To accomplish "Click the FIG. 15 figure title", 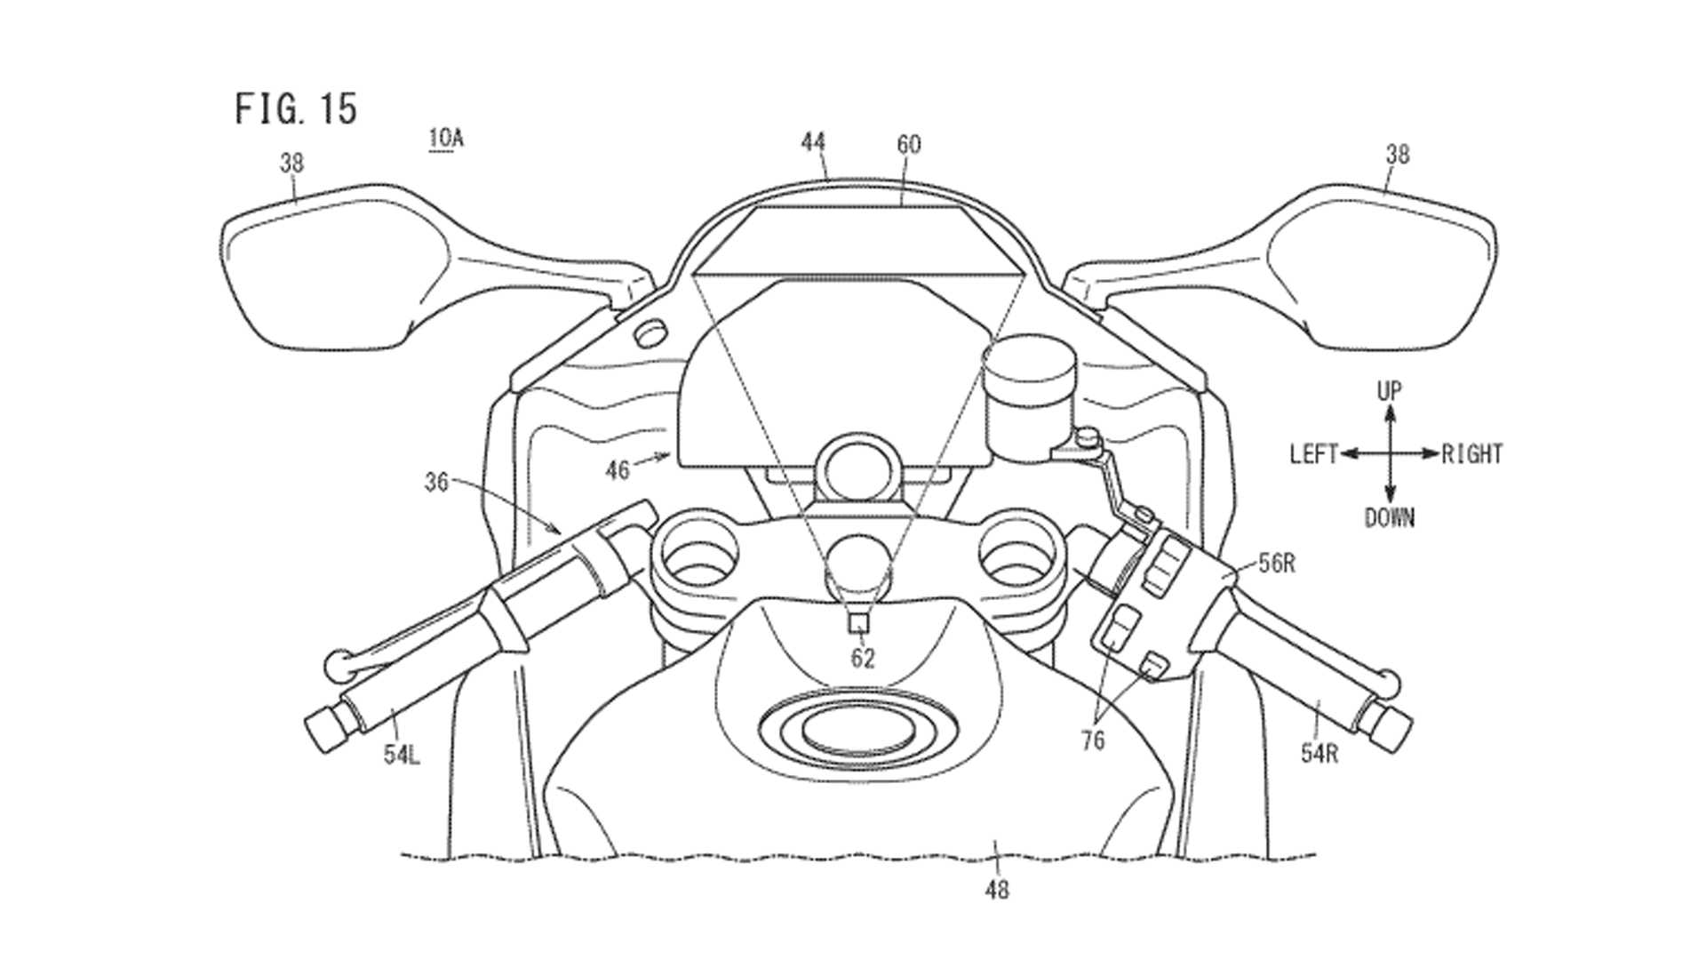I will pos(296,108).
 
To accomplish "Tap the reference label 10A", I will pos(445,139).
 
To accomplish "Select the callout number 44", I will pos(813,142).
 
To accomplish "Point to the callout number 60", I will pos(909,144).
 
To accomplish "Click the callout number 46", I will pos(618,469).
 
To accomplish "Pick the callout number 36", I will pos(436,483).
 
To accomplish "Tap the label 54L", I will pos(402,755).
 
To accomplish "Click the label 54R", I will pos(1319,754).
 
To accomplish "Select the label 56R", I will pos(1277,564).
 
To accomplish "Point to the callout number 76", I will pos(1093,740).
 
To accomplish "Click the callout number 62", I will pos(863,659).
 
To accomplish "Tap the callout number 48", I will pos(997,889).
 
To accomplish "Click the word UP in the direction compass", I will pos(1389,391).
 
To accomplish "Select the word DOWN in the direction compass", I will pos(1389,518).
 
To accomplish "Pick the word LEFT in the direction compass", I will pos(1313,455).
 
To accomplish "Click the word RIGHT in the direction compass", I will pos(1471,455).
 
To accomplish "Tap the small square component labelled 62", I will pos(858,623).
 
